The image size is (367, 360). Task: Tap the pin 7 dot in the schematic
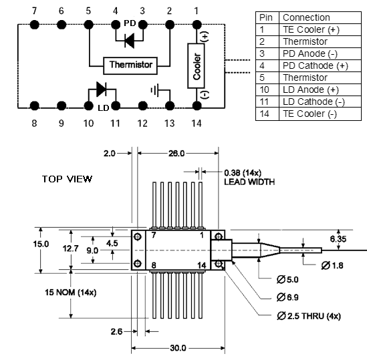[x=35, y=24]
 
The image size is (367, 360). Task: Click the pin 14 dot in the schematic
[x=197, y=106]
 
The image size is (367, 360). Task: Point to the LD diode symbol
[x=102, y=89]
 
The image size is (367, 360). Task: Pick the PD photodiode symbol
[x=130, y=41]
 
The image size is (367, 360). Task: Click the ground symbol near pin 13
[x=155, y=90]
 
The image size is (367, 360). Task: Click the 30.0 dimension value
[x=178, y=348]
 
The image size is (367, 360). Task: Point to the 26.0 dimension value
[x=176, y=154]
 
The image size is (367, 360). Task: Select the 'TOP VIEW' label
[x=67, y=179]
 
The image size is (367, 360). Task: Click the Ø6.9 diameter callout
[x=287, y=297]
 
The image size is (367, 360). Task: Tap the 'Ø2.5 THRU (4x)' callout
[x=309, y=316]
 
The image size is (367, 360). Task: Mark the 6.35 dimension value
[x=338, y=239]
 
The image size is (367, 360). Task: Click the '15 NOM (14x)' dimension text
[x=71, y=293]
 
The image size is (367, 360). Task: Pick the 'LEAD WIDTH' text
[x=249, y=182]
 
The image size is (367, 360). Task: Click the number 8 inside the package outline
[x=154, y=265]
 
